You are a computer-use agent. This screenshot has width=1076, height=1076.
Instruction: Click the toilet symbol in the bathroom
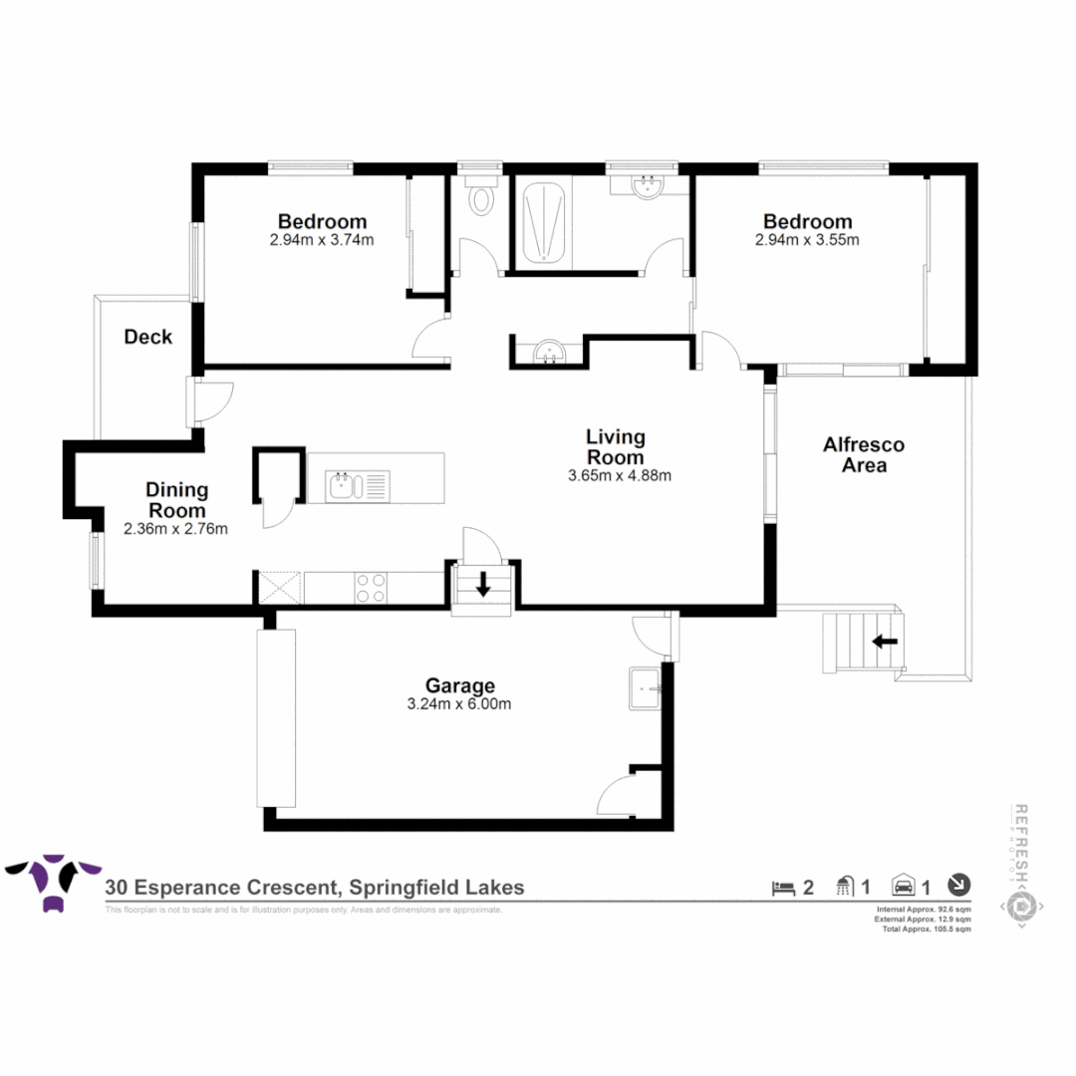tap(481, 200)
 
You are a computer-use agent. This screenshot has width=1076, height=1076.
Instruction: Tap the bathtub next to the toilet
tap(544, 220)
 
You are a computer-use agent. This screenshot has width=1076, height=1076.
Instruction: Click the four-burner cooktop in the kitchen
tap(372, 587)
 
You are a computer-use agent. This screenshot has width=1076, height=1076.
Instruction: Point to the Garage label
tap(460, 685)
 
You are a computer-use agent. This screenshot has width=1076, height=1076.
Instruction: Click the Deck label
tap(147, 337)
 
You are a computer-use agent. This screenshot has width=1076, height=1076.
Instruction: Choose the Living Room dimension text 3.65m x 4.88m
tap(620, 475)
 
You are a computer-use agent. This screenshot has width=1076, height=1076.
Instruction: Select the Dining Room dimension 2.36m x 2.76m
tap(176, 529)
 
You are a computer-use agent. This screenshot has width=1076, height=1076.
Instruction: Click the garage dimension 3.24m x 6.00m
tap(460, 704)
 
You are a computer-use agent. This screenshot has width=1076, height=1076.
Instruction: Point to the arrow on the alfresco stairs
tap(885, 642)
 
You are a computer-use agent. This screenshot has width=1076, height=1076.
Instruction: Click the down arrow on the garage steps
tap(483, 584)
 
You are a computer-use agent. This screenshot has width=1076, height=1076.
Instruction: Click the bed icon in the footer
tap(783, 886)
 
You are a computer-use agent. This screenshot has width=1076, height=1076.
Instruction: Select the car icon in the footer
tap(905, 886)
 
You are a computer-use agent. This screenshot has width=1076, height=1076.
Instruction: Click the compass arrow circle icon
tap(958, 884)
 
